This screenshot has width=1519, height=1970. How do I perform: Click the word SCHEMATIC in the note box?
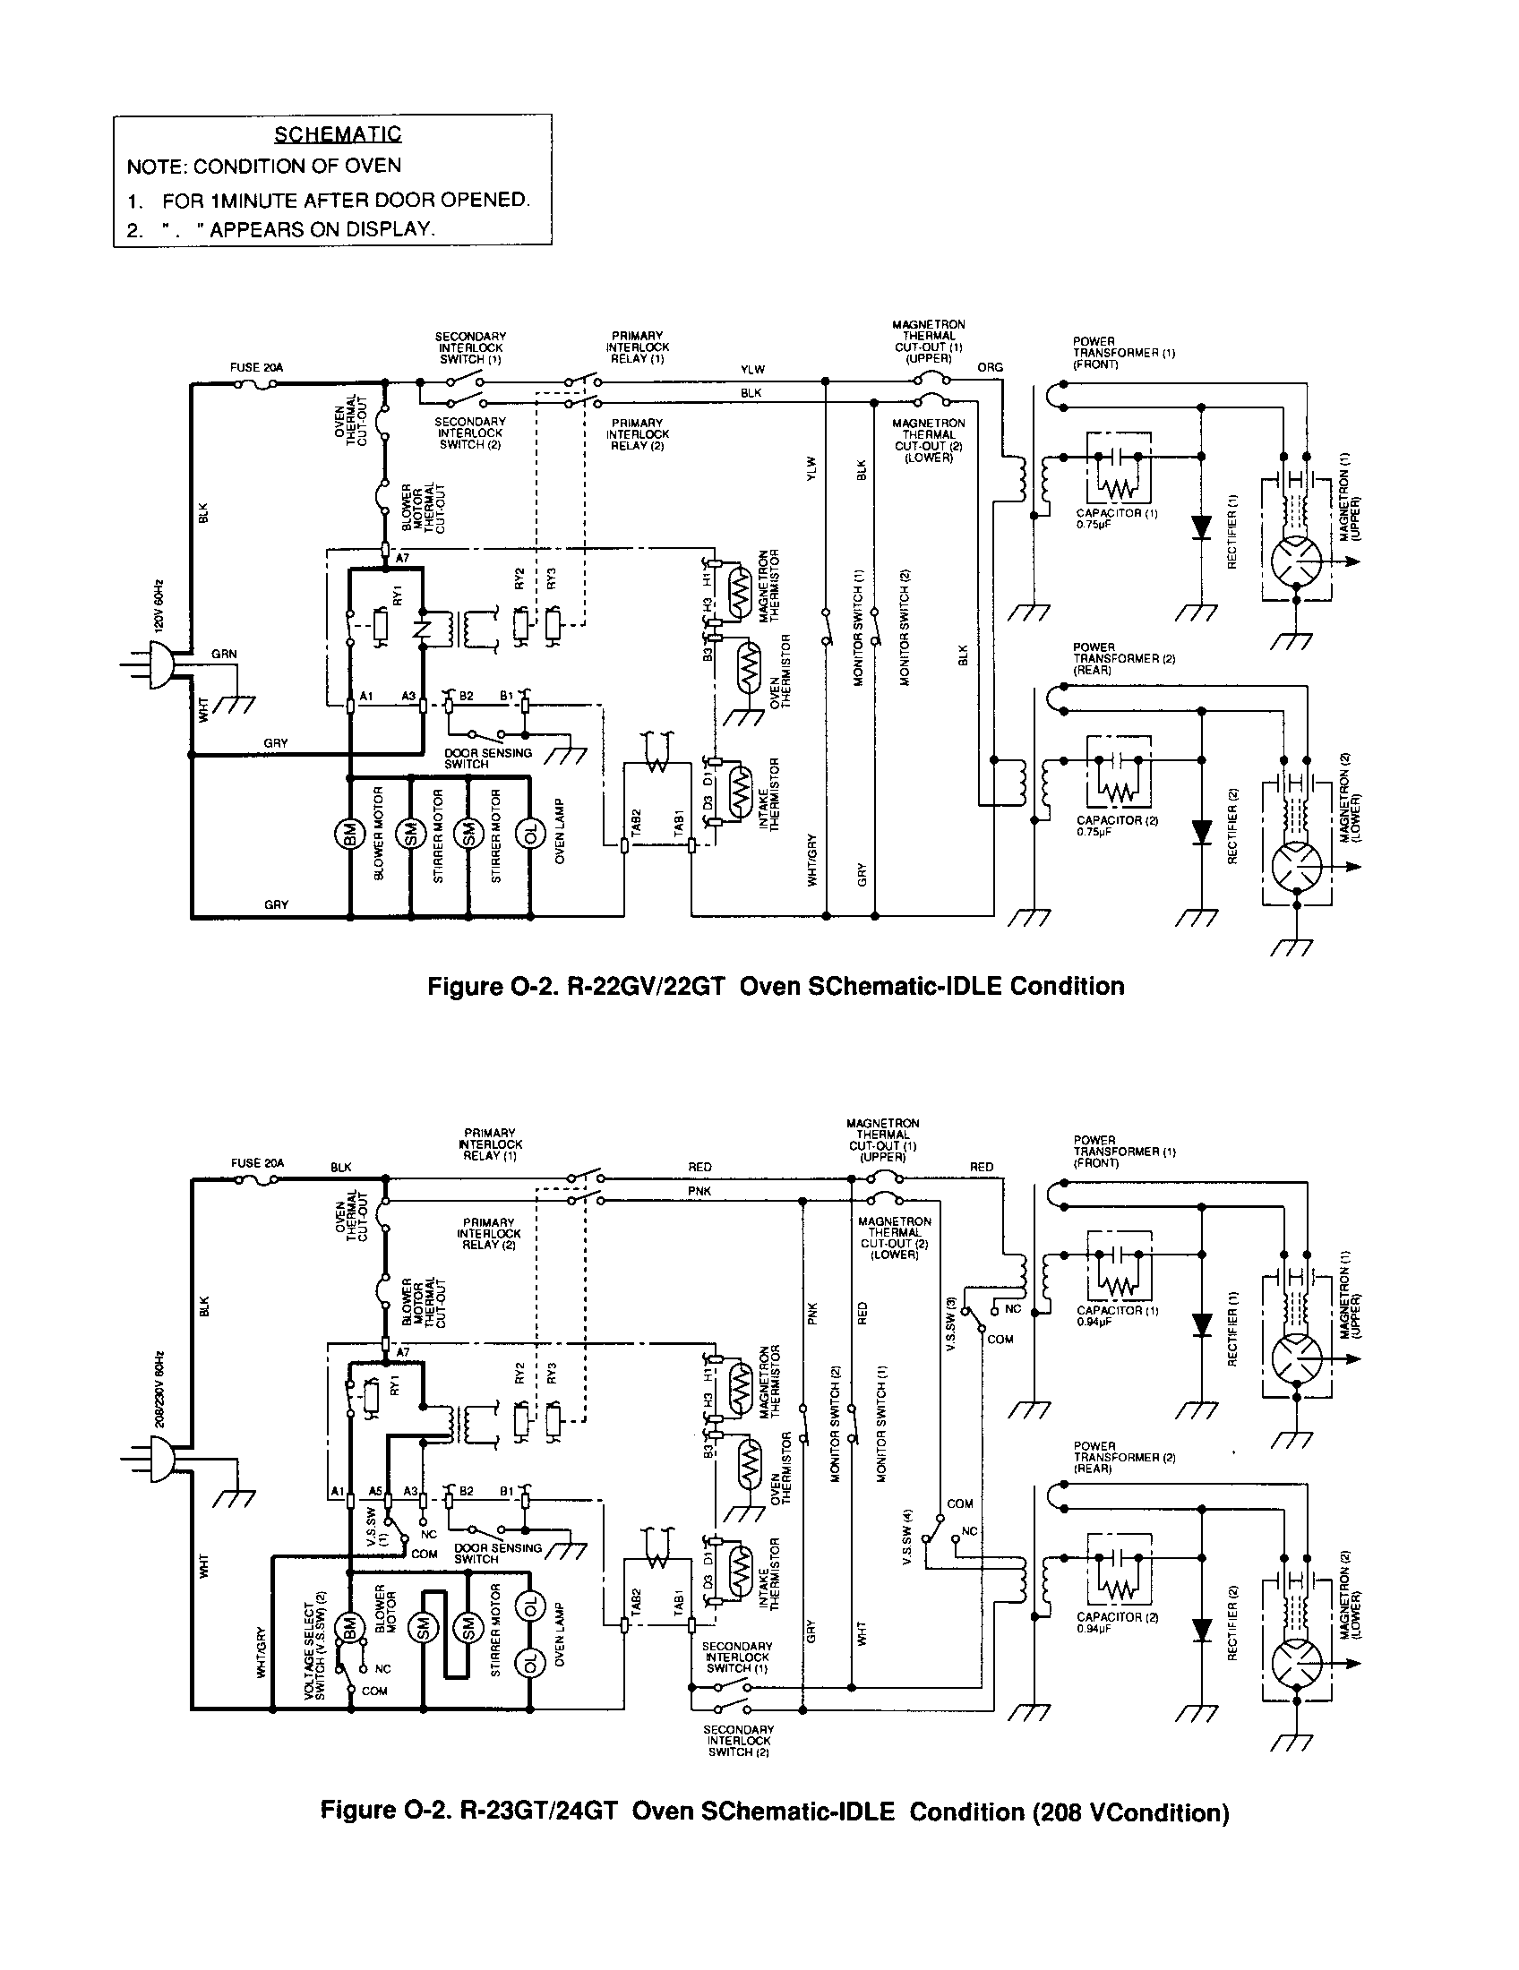(x=338, y=135)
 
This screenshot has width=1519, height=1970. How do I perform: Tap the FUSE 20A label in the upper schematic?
(x=257, y=367)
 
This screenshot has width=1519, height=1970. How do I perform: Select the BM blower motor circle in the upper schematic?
(x=348, y=832)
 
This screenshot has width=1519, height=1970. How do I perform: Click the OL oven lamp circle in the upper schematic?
(x=530, y=832)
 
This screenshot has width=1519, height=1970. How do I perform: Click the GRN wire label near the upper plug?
(x=224, y=654)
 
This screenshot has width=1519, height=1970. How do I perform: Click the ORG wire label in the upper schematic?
(x=990, y=367)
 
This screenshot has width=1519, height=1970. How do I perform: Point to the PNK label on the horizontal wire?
(x=699, y=1191)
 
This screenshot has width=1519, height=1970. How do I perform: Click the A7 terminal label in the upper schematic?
(x=403, y=559)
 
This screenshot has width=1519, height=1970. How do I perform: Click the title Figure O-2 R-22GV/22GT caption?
(x=775, y=986)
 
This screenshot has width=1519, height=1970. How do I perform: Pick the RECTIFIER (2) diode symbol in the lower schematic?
(x=1200, y=1630)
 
